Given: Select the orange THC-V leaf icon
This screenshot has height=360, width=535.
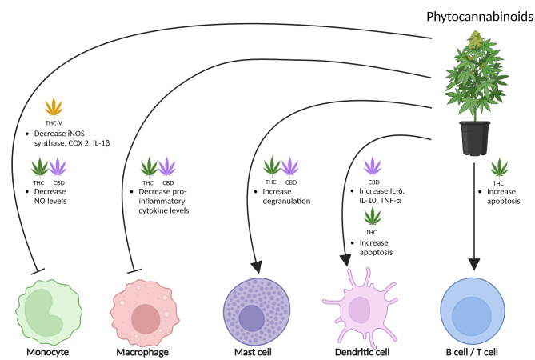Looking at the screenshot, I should (54, 106).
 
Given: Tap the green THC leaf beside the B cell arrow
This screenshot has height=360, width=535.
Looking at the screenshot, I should (500, 167).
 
